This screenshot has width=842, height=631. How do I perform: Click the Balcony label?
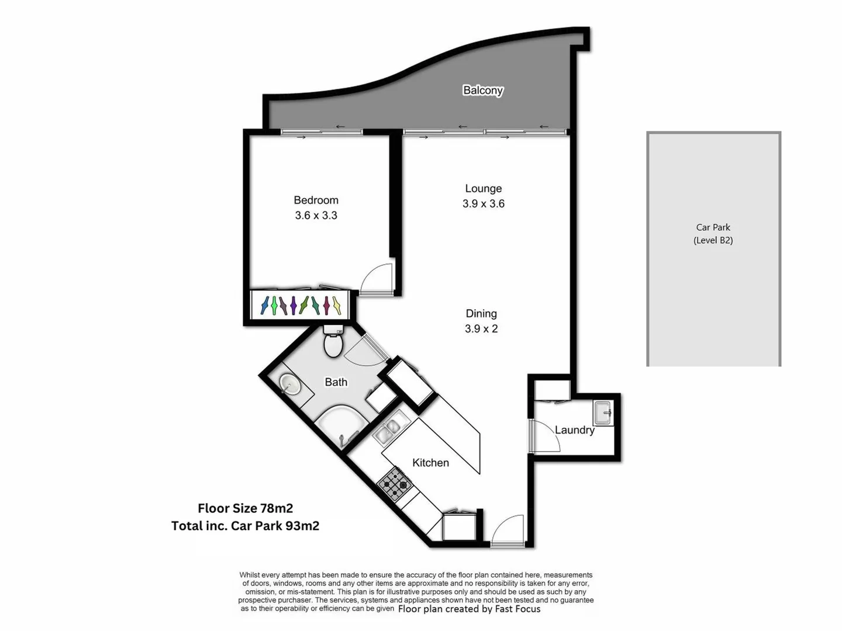coord(483,90)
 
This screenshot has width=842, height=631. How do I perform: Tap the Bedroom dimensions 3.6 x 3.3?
coord(316,216)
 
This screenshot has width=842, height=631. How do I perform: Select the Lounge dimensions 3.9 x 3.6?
coord(483,204)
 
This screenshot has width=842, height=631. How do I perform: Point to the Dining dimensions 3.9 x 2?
coord(481,329)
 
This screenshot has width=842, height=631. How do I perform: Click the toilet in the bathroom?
coord(333,344)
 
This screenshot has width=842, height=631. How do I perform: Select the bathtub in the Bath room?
coord(341,424)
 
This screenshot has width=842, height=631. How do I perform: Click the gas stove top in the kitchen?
coord(394,484)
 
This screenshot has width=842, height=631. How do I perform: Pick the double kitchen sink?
coord(387,431)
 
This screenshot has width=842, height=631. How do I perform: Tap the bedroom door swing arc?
coord(376,279)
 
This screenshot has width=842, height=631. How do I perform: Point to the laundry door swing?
coord(544,436)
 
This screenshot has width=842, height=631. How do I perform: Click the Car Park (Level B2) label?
coord(713,234)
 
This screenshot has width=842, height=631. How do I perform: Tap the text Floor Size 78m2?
coord(245,508)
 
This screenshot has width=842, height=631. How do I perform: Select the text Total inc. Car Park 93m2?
coord(245,526)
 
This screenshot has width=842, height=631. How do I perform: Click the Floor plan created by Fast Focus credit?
coord(469,609)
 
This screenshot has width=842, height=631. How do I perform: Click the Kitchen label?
coord(430,463)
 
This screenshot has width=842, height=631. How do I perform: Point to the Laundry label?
coord(574,430)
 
